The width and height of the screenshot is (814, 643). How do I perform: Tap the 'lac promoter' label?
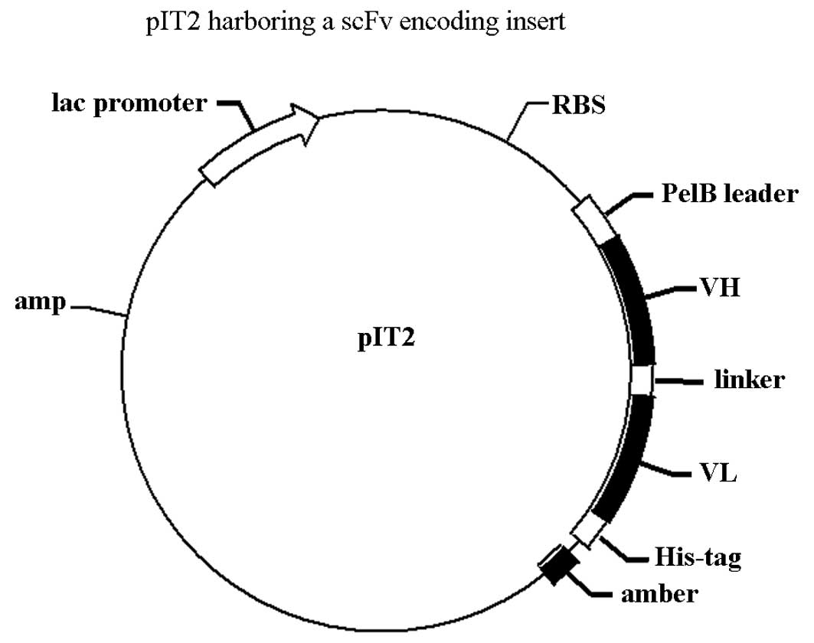coord(129,102)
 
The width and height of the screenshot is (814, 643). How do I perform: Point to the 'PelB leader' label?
coord(729,194)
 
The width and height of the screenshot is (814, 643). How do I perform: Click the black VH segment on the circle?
coord(635,299)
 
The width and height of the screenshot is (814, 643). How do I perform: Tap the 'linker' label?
coord(747,380)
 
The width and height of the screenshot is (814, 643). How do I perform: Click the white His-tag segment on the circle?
coord(588,530)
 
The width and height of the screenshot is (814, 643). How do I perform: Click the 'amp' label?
coord(40,303)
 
